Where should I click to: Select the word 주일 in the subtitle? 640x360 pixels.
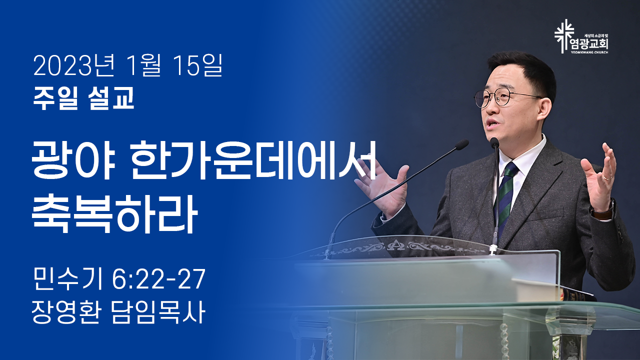coord(55,98)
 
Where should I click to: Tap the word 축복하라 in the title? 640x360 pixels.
coord(114,214)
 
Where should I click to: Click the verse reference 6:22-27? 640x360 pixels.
coord(158,279)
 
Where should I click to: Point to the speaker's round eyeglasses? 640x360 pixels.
coord(505,98)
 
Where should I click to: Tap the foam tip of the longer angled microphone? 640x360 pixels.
coord(461,144)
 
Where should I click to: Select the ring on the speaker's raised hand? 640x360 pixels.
coord(607,177)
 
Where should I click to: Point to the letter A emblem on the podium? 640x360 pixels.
coord(399,245)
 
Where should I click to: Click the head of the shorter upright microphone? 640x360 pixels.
coord(494,142)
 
